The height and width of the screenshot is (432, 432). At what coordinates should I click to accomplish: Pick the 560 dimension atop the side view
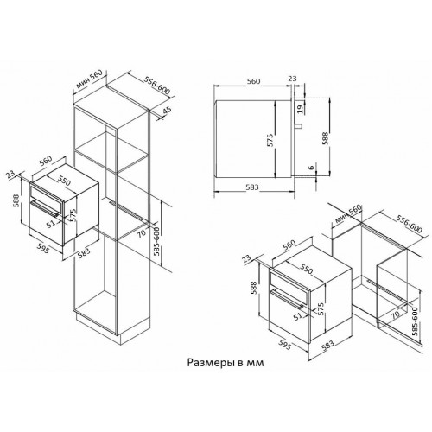pos(252,79)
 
